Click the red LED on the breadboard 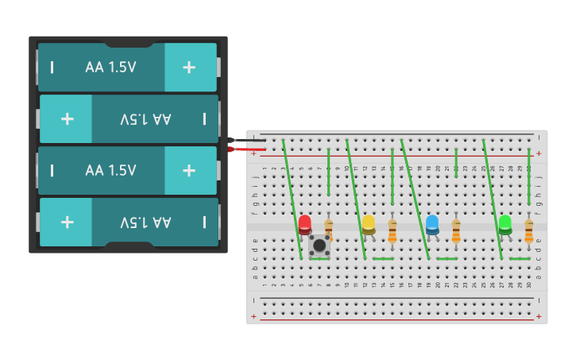[304, 225]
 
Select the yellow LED [368, 225]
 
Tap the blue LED [431, 225]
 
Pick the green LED [504, 225]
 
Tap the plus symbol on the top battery [189, 68]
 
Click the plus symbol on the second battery [68, 119]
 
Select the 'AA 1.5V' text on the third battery [110, 170]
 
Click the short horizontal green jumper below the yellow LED [383, 258]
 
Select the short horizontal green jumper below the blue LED [446, 258]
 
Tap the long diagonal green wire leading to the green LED [493, 199]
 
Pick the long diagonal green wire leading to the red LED [292, 199]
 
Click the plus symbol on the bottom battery [68, 222]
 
